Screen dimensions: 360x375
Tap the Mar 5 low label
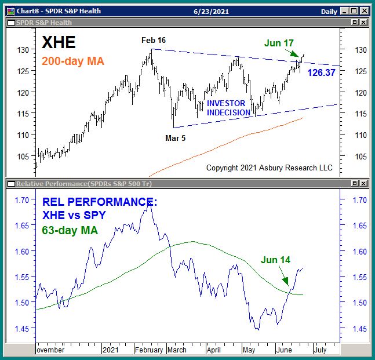[x=176, y=138]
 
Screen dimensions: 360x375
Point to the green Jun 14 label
[x=275, y=260]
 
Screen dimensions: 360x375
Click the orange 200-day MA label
[x=72, y=60]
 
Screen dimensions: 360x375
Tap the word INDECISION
[x=228, y=112]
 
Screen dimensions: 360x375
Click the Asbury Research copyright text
[x=270, y=168]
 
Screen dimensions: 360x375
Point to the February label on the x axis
[x=150, y=350]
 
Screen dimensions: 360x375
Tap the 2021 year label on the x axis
[x=110, y=350]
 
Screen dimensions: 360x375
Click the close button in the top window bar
[x=364, y=11]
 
